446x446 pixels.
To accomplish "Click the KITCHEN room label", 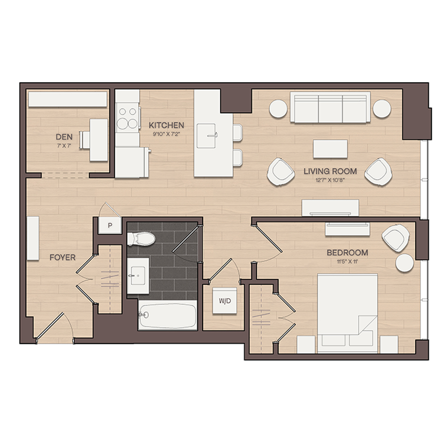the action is (167, 125).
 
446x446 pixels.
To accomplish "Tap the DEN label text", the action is (64, 137).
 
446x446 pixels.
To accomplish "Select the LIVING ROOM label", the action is (330, 171).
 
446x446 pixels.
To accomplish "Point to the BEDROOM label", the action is (347, 253).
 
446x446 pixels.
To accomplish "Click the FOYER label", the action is (62, 257).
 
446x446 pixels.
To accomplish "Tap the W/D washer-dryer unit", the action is (224, 301).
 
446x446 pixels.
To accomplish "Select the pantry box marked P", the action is (110, 225).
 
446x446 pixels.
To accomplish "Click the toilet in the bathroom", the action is (141, 238).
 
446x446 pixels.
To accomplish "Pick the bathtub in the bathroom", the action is (167, 315).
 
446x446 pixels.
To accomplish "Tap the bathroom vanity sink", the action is (138, 276).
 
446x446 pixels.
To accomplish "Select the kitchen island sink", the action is (207, 136).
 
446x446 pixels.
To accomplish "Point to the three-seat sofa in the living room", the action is (330, 107).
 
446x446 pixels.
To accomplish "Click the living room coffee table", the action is (330, 149).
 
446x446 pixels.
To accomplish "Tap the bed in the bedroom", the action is (347, 313).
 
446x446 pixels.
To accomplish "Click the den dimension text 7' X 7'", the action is (64, 146).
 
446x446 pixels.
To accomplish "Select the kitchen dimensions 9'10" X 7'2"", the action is (167, 134).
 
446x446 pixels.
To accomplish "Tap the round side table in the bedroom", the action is (404, 263).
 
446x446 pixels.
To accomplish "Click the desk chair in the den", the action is (84, 140).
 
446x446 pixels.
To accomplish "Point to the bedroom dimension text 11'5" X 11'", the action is (347, 262).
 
